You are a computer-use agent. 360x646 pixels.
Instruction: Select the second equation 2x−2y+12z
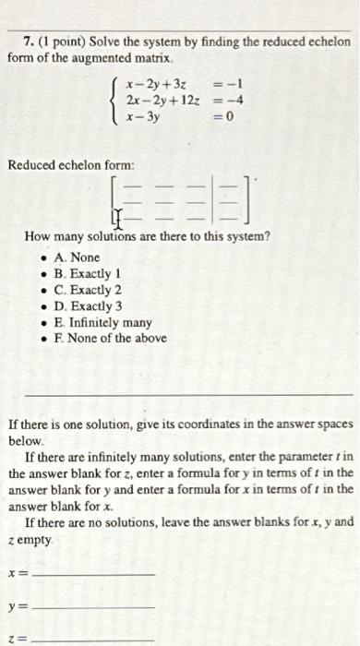coord(159,102)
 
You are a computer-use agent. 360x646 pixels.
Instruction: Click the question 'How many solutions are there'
coord(148,237)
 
